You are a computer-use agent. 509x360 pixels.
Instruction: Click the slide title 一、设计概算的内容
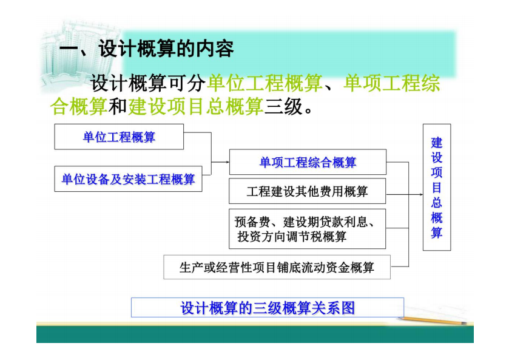(x=146, y=49)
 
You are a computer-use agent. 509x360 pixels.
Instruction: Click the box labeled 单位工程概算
(x=119, y=137)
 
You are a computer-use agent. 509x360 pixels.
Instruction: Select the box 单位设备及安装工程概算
(x=128, y=178)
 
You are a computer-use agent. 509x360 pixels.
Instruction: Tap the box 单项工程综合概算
(x=308, y=162)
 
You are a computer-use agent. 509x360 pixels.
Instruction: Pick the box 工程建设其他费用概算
(x=308, y=191)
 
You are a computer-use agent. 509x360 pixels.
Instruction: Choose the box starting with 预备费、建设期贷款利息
(x=308, y=229)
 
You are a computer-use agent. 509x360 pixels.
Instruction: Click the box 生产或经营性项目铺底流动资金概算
(x=277, y=267)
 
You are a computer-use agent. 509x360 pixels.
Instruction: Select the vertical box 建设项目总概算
(x=437, y=187)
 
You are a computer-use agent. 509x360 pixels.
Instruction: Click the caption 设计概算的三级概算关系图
(x=268, y=307)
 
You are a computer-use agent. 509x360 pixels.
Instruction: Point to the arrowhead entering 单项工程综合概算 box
(x=228, y=162)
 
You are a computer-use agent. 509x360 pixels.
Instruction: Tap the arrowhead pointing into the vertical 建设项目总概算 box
(x=421, y=194)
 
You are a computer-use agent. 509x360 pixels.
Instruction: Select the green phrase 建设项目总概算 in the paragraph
(x=196, y=107)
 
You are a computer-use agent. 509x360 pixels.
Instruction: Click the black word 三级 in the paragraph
(x=283, y=107)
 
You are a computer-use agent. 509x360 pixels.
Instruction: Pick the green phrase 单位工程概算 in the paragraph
(x=265, y=83)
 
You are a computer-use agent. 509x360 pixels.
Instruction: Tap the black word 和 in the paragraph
(x=118, y=107)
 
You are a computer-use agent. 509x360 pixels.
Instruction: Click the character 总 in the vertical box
(x=437, y=202)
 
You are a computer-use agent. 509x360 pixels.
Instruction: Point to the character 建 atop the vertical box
(x=437, y=143)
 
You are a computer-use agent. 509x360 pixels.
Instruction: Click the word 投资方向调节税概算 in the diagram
(x=292, y=237)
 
